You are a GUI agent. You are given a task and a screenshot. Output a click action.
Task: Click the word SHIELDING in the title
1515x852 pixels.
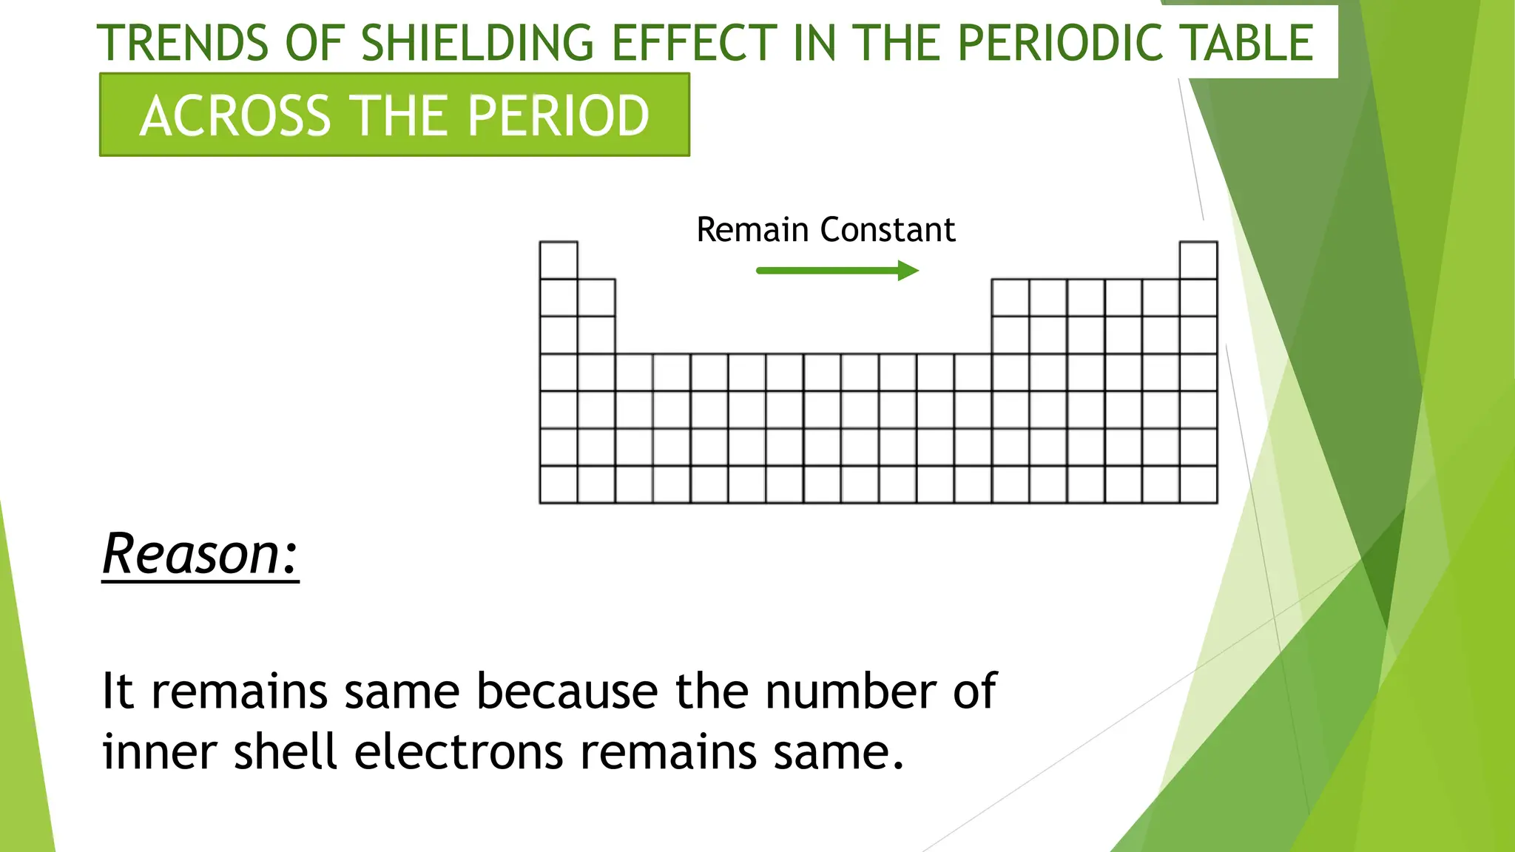tap(477, 43)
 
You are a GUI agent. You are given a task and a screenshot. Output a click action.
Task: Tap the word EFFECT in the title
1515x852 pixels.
tap(694, 43)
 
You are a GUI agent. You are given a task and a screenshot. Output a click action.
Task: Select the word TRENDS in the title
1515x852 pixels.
tap(183, 43)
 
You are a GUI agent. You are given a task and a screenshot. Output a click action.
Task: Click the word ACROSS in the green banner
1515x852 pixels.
tap(235, 116)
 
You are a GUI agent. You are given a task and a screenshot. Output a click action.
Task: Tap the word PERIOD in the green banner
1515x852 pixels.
tap(559, 116)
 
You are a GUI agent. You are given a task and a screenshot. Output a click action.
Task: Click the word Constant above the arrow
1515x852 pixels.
tap(888, 230)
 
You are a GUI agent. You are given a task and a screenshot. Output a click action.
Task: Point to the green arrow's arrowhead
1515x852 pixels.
tap(909, 271)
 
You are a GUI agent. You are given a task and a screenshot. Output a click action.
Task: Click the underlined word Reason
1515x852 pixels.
tap(200, 554)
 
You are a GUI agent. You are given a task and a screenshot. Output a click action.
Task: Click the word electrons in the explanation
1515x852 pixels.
tap(459, 752)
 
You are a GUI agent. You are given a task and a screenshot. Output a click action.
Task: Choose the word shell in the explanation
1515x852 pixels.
tap(286, 752)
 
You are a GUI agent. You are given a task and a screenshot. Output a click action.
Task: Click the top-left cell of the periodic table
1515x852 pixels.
tap(559, 260)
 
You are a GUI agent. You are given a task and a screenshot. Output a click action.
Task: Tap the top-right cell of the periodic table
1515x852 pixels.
tap(1198, 260)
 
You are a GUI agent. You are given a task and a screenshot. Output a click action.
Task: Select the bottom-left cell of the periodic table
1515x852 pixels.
tap(559, 484)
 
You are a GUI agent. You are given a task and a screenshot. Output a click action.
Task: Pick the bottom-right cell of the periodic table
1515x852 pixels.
tap(1198, 484)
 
